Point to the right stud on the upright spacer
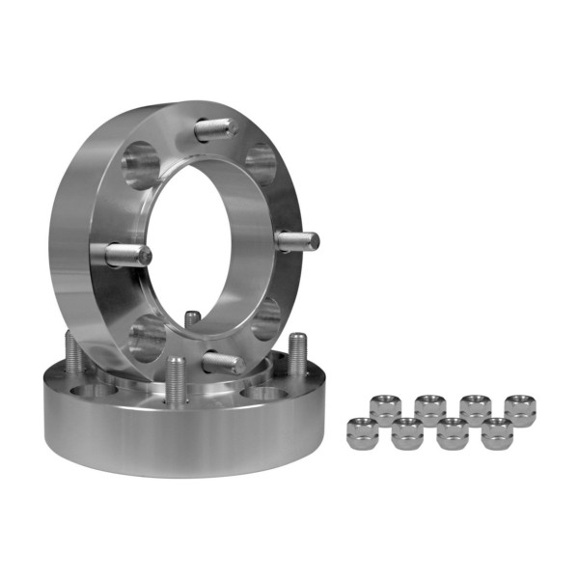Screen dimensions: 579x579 [295, 240]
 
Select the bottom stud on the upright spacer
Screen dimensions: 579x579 [222, 362]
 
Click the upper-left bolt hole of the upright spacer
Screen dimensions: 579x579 [142, 165]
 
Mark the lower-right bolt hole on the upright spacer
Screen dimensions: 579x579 [265, 318]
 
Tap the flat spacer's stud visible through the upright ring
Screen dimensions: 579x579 [193, 319]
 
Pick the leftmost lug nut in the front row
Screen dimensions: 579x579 [363, 431]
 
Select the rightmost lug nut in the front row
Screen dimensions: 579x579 [496, 433]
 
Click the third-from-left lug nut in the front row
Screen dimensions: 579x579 [452, 433]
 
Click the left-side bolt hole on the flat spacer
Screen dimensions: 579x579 [93, 392]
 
